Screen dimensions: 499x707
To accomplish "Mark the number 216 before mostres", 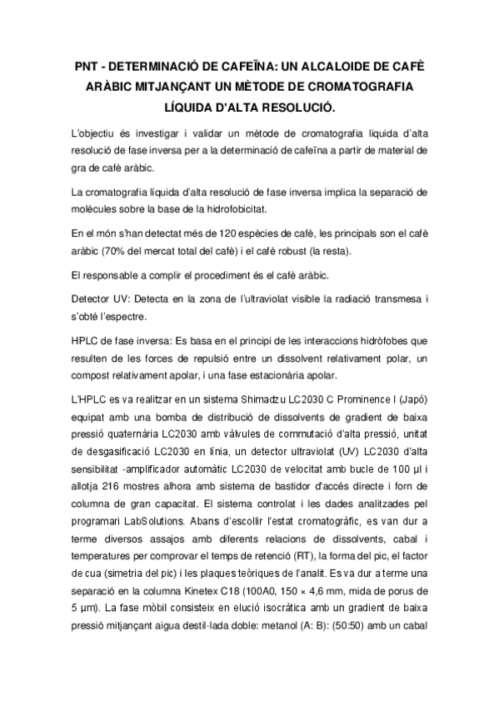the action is (x=115, y=489).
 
